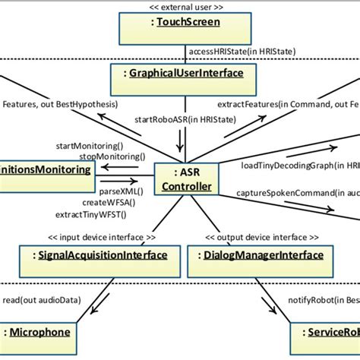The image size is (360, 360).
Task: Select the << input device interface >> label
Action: (96, 235)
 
